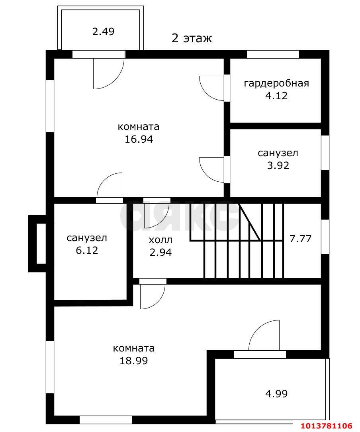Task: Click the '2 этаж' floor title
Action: click(x=192, y=38)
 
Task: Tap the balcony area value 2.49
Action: click(x=103, y=31)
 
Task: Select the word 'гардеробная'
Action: click(x=276, y=83)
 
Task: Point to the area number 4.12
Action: click(x=276, y=96)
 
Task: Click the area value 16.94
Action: click(x=138, y=139)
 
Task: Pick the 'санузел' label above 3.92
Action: click(x=278, y=153)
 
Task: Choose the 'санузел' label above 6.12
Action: click(x=86, y=238)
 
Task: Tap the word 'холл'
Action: click(x=160, y=240)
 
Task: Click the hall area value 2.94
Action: click(x=160, y=252)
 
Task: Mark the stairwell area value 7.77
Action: click(x=300, y=239)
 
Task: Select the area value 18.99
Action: click(x=134, y=361)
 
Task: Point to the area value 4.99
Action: click(x=276, y=394)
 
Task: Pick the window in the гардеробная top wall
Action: click(x=273, y=55)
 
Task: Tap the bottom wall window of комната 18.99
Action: click(x=106, y=420)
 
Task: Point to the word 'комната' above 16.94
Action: click(x=138, y=127)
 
